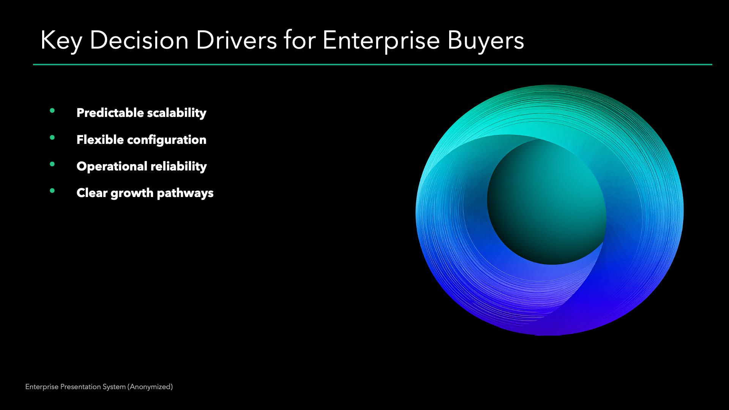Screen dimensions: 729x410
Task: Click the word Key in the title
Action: tap(61, 41)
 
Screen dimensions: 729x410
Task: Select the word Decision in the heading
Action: tap(139, 40)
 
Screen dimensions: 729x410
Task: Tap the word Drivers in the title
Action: tap(237, 40)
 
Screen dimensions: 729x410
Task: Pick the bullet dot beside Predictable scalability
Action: tap(52, 111)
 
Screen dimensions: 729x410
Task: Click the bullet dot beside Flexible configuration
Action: tap(52, 137)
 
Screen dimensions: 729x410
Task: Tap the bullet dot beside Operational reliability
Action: tap(52, 164)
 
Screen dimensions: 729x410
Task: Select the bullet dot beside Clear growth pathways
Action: tap(52, 191)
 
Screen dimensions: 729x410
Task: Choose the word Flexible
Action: tap(100, 139)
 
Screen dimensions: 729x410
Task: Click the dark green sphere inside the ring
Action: tap(547, 201)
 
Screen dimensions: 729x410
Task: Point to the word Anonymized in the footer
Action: tap(150, 387)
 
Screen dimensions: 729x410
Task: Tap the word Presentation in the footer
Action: tap(79, 387)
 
